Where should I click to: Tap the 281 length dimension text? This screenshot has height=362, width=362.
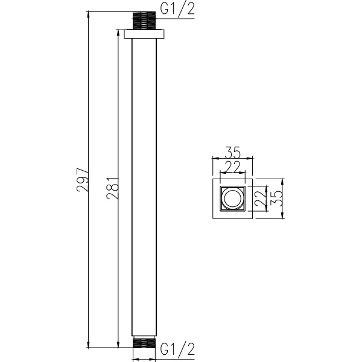(112, 188)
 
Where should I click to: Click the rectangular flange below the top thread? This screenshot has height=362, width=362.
(144, 35)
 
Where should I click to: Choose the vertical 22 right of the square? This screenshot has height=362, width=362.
(261, 198)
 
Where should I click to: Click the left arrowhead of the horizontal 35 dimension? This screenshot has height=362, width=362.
(214, 159)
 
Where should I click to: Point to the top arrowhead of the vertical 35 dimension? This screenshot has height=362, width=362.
(282, 180)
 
